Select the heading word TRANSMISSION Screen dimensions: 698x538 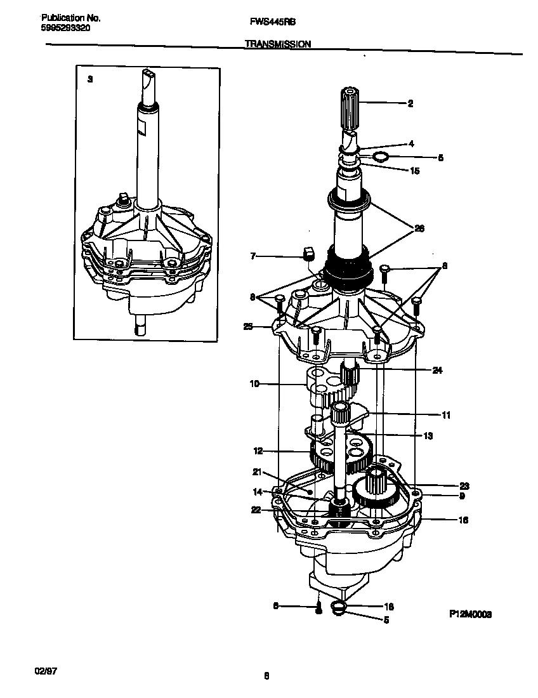[277, 44]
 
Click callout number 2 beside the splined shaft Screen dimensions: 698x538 [410, 103]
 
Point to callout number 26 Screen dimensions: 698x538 [419, 228]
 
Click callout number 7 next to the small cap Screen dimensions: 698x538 [253, 256]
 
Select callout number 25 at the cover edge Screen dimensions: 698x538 [248, 327]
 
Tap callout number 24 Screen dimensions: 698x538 [437, 371]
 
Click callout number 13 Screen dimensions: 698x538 [428, 435]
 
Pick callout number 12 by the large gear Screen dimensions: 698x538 [258, 451]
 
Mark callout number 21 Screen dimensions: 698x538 [256, 471]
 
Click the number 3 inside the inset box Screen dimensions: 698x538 [89, 79]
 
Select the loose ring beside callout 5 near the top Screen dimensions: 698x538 [379, 156]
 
